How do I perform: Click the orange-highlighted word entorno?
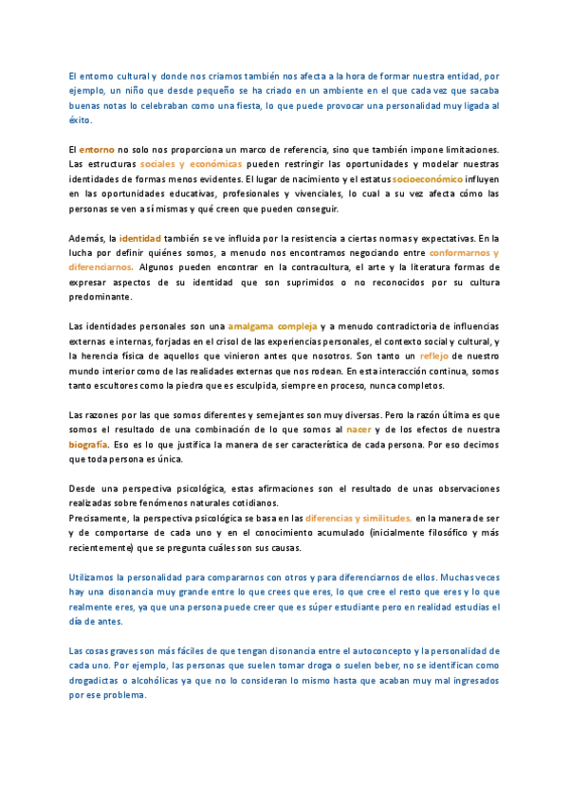[97, 150]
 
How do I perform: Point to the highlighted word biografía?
[89, 445]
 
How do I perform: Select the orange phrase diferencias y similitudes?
[358, 518]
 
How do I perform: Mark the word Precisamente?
[101, 518]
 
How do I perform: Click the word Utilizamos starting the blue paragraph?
[96, 576]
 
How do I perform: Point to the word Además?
[86, 237]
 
